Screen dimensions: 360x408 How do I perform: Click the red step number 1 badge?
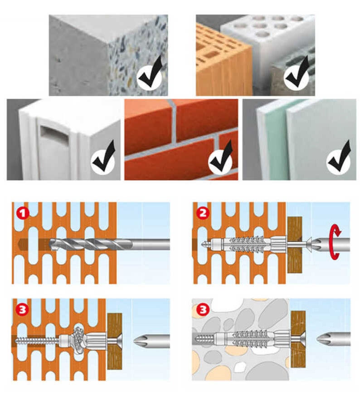point(23,214)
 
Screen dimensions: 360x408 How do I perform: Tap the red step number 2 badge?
point(203,214)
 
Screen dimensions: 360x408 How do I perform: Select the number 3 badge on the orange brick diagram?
point(22,310)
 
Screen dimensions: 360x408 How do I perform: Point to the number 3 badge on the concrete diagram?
point(203,310)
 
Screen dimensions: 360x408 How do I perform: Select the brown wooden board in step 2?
point(295,245)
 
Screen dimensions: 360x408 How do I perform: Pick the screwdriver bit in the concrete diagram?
point(334,339)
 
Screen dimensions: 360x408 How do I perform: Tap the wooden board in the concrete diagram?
point(298,339)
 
